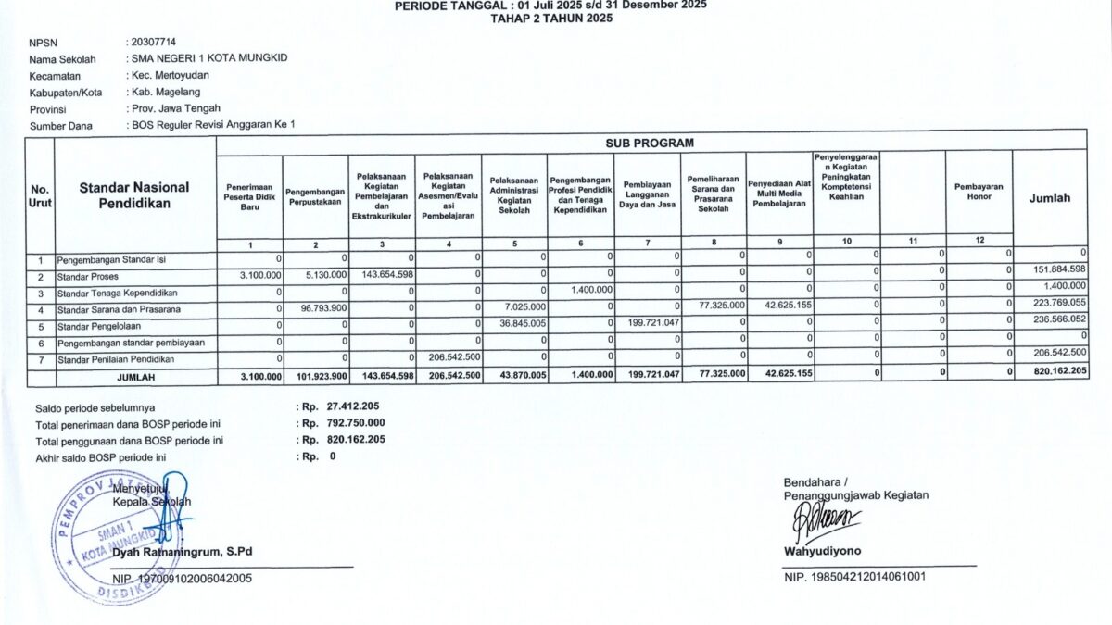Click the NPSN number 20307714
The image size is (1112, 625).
tap(154, 42)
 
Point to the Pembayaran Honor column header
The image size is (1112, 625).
tap(979, 192)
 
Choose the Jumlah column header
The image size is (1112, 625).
tap(1049, 197)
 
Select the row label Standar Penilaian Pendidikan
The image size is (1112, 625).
tap(115, 359)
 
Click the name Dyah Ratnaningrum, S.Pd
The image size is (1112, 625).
tap(182, 552)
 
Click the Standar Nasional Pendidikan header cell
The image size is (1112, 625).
tap(134, 194)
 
